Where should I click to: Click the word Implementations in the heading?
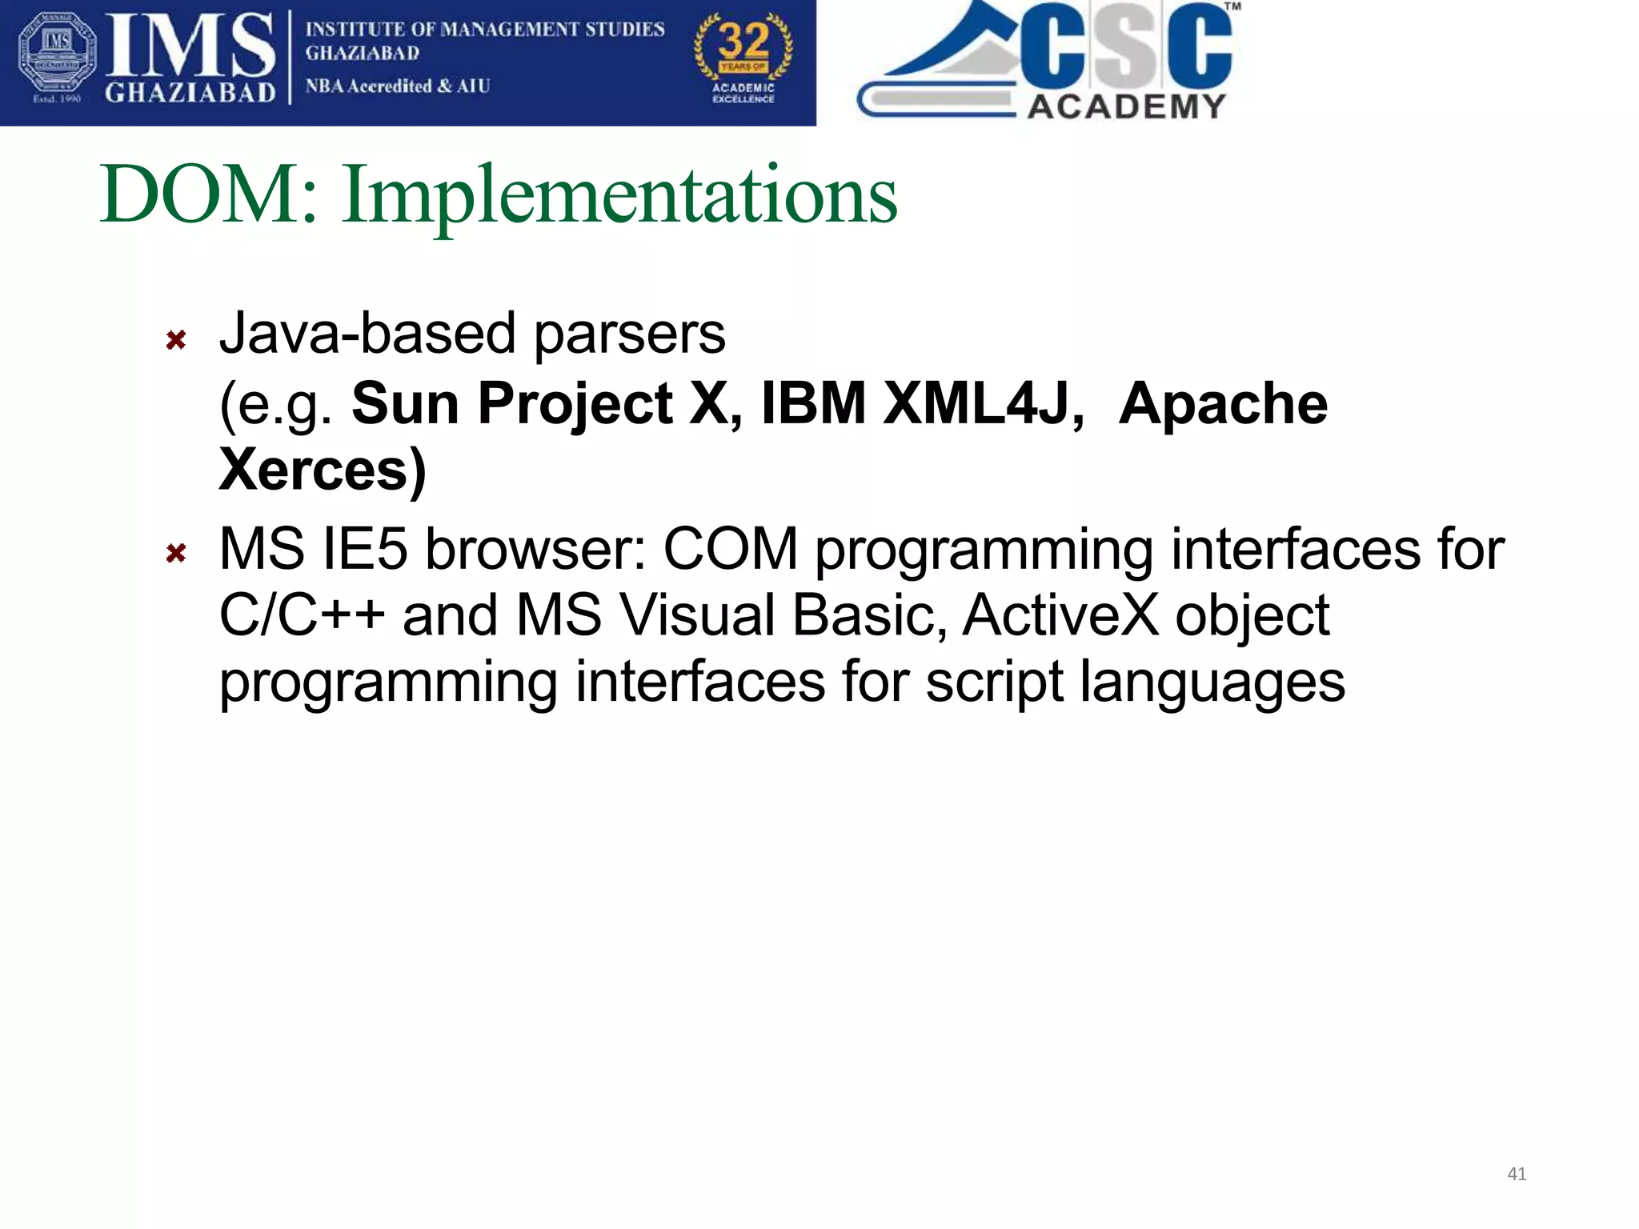(620, 196)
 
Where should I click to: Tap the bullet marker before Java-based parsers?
(176, 340)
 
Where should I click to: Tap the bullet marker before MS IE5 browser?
(176, 553)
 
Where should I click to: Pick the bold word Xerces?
(314, 470)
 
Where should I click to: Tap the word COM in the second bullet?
(730, 550)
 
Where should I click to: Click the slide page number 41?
(1517, 1174)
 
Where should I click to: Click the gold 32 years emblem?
(743, 58)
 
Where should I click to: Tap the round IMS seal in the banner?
(57, 58)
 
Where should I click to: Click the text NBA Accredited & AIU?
(398, 86)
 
